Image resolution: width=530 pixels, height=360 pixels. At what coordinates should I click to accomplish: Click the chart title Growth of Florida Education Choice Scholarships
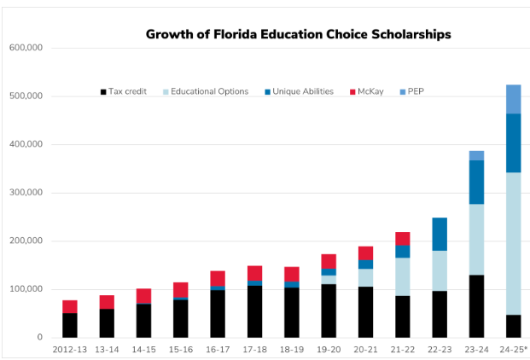click(298, 35)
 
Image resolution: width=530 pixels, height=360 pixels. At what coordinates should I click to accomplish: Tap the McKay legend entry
click(373, 91)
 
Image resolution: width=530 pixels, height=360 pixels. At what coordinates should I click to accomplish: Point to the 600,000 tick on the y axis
click(26, 48)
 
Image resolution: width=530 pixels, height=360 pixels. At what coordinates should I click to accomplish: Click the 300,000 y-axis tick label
click(26, 193)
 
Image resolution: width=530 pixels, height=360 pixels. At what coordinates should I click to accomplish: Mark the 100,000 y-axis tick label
click(26, 289)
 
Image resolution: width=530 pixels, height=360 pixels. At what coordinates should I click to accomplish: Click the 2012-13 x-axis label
click(70, 349)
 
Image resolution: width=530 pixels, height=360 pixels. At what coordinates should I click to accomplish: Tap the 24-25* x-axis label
click(514, 349)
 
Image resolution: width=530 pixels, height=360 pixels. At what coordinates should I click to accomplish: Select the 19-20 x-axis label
click(329, 349)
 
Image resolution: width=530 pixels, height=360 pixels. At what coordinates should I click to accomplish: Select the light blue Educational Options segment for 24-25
click(513, 243)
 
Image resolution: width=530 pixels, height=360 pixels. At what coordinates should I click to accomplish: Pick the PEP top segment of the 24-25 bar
click(513, 99)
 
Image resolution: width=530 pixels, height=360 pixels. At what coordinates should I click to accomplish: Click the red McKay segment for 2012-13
click(70, 306)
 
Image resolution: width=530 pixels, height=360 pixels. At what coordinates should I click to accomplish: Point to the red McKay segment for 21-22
click(402, 238)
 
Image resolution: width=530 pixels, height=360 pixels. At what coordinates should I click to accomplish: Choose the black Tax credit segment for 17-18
click(254, 311)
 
